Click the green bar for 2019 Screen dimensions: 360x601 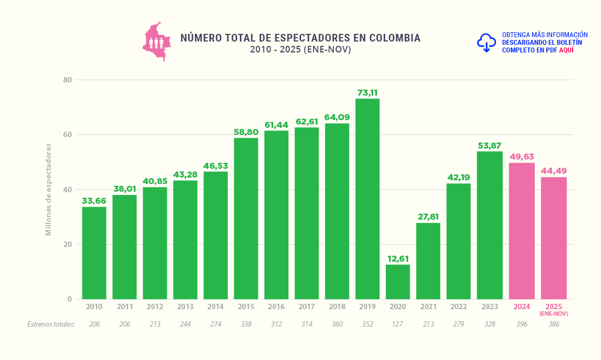367,199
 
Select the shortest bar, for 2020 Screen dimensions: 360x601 397,282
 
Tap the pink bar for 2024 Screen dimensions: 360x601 522,231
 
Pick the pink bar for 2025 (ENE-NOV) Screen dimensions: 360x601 554,238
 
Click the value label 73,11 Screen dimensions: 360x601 367,93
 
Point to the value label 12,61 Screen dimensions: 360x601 397,258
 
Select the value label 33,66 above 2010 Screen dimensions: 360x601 94,201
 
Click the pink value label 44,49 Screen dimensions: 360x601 554,171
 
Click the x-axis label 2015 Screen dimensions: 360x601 246,307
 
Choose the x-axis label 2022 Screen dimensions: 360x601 458,307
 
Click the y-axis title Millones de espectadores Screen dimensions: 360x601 48,190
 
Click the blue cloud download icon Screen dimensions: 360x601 486,42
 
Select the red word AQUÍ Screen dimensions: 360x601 566,50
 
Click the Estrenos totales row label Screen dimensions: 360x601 51,324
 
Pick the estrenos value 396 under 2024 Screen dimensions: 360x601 522,324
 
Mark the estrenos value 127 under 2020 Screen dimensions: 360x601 397,324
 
